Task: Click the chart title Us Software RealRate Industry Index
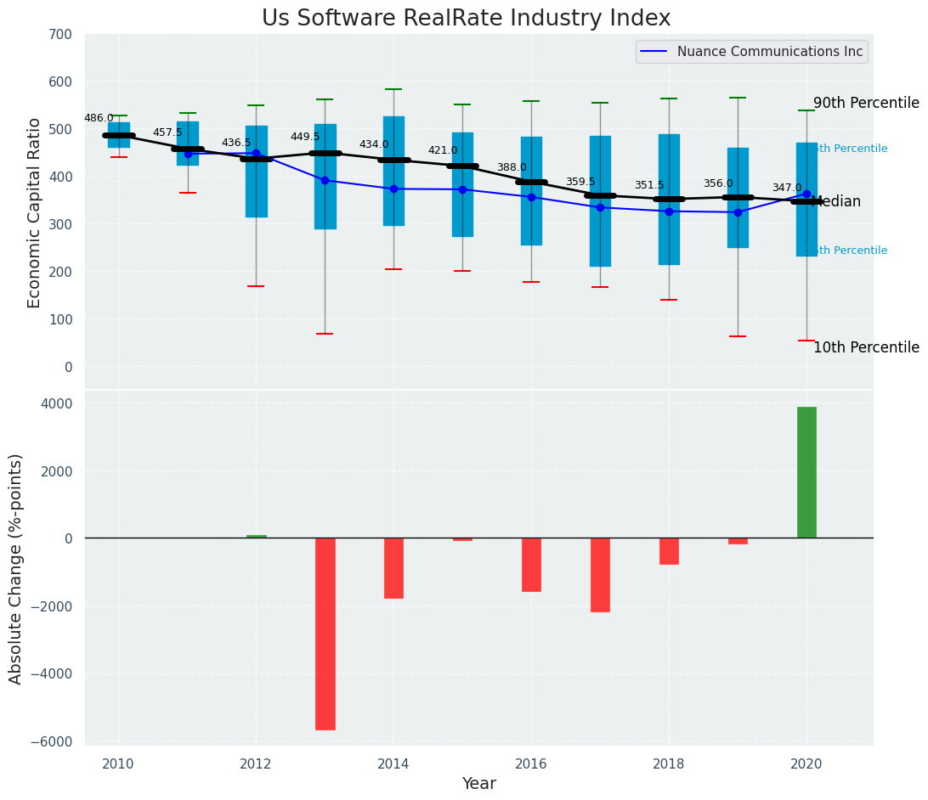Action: point(466,19)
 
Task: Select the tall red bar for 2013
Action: point(325,634)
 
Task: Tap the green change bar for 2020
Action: point(806,472)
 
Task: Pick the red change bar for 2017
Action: point(600,575)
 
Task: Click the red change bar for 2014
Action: point(393,568)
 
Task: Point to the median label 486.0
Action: point(99,119)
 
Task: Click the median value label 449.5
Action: point(305,138)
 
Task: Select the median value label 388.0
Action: point(512,168)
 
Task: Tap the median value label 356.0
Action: point(718,184)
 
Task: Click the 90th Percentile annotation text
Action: point(865,104)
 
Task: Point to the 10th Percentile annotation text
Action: point(865,348)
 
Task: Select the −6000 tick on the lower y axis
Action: point(55,742)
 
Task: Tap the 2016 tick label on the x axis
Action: point(531,764)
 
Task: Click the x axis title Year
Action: point(479,784)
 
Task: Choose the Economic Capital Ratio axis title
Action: point(35,212)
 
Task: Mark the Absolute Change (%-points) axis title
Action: point(16,569)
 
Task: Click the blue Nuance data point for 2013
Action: point(325,180)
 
